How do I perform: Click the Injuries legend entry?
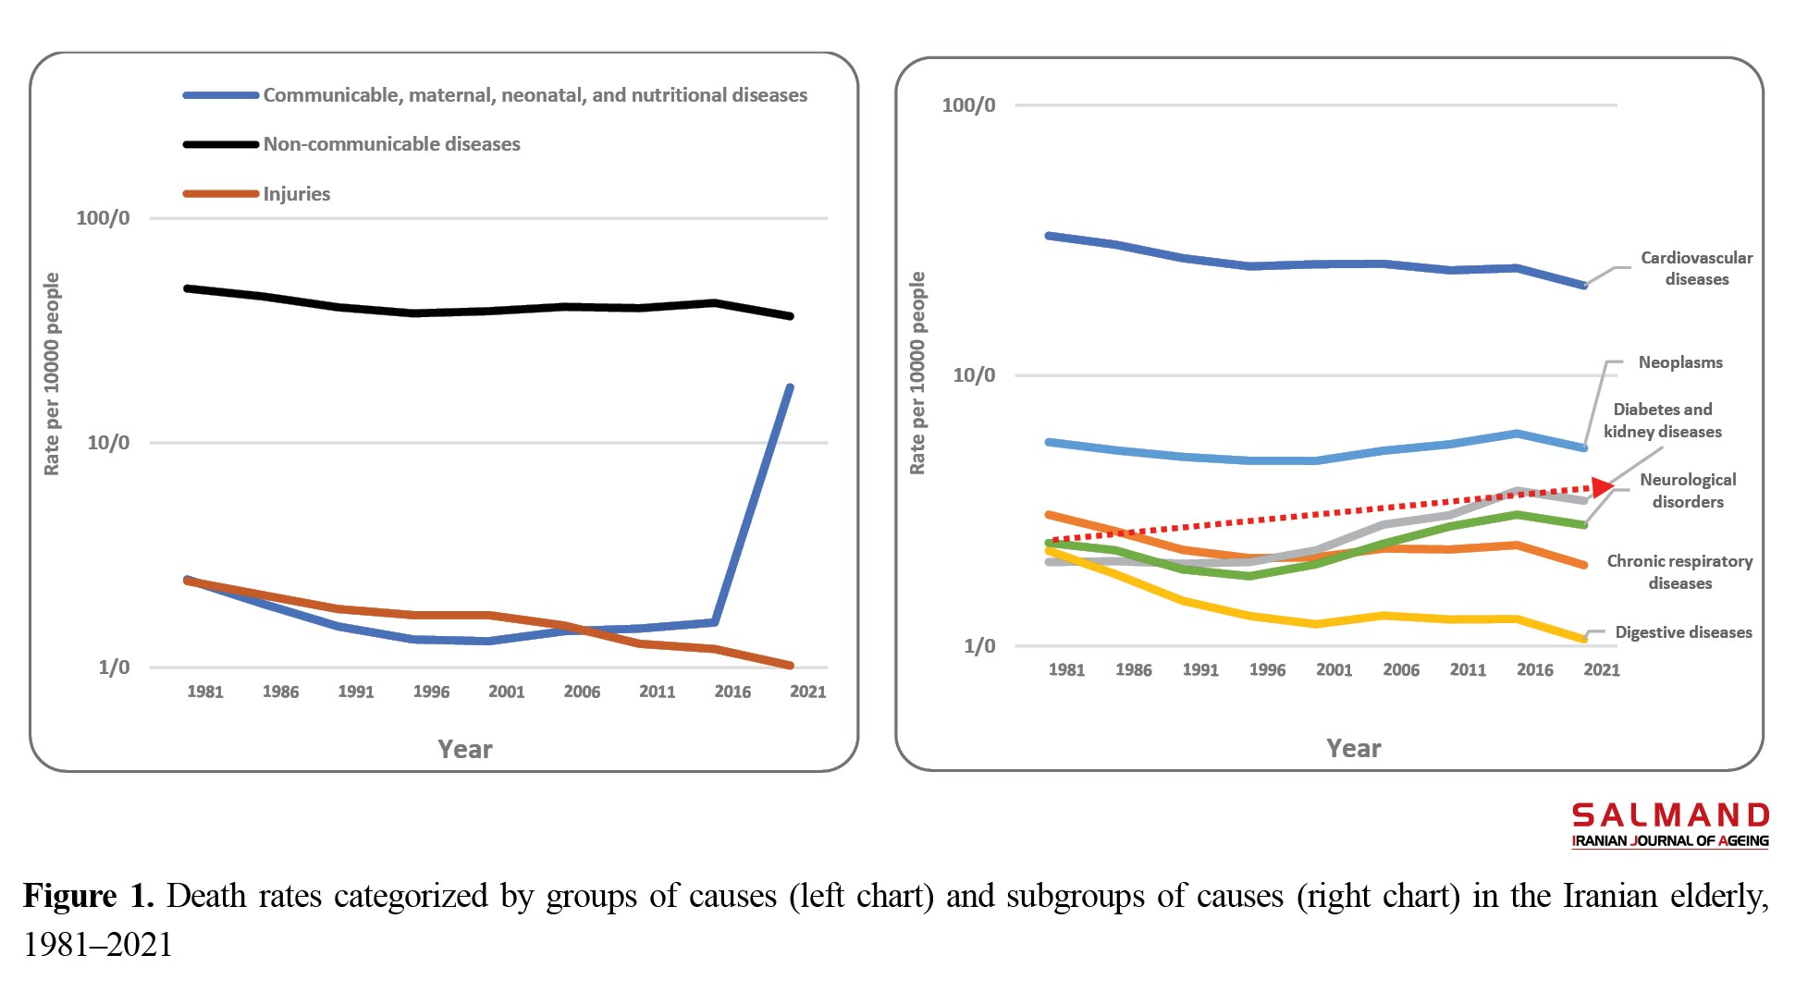pos(296,194)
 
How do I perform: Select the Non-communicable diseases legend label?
pos(391,144)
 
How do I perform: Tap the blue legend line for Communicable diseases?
pos(220,95)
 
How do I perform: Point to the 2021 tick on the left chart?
pos(807,692)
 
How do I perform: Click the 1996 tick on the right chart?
pos(1267,670)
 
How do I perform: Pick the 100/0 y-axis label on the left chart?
pos(103,218)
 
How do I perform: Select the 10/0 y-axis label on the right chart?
pos(974,375)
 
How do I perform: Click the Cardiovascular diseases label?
pos(1696,268)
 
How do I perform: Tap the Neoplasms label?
pos(1680,362)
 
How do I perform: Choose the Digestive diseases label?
pos(1683,632)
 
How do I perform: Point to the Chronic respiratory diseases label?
pos(1679,572)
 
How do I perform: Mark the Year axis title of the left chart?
pos(464,749)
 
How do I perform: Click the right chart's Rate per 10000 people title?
pos(916,374)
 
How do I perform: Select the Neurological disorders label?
pos(1688,491)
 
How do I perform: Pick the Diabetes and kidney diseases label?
pos(1663,421)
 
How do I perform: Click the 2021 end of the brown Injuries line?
pos(791,666)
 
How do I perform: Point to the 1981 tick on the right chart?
pos(1066,670)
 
